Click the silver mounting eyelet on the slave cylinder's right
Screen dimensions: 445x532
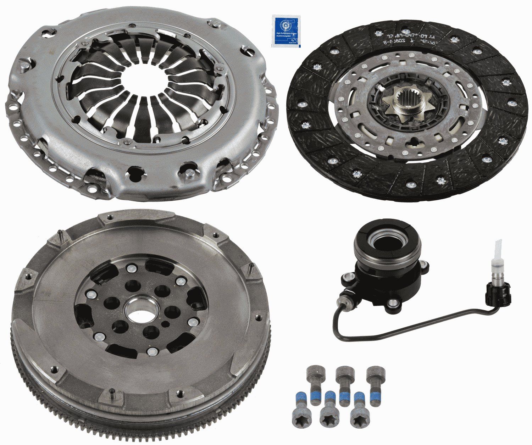coord(393,302)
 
